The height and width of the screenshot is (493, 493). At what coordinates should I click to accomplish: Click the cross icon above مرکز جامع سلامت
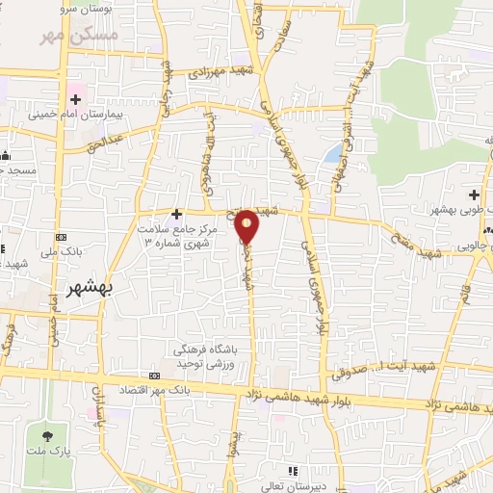point(176,213)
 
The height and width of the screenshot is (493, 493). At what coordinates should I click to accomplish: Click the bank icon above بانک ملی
point(62,236)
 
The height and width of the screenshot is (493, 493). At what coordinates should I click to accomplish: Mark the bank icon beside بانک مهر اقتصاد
point(156,375)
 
